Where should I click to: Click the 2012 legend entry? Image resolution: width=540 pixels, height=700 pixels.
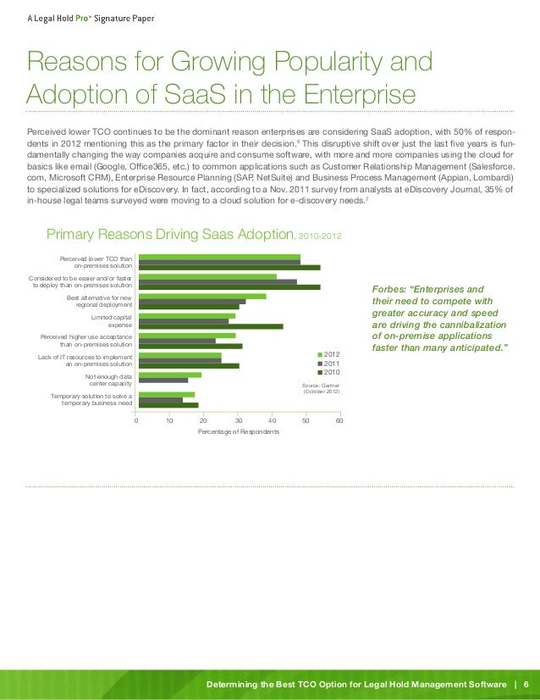click(329, 353)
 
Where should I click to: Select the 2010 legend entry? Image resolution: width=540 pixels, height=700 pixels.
click(329, 372)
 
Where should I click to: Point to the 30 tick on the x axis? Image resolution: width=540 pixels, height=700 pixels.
click(238, 419)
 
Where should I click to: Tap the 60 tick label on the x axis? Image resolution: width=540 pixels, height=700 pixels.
click(339, 419)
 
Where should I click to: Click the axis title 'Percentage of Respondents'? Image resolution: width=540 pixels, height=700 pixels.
click(238, 432)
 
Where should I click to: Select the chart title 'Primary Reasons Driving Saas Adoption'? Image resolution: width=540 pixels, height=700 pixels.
click(169, 234)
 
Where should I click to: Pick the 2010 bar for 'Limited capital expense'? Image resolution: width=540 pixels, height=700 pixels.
click(211, 326)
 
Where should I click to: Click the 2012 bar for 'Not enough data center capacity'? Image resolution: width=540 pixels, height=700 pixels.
click(169, 374)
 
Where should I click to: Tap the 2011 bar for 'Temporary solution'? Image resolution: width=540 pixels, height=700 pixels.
click(160, 399)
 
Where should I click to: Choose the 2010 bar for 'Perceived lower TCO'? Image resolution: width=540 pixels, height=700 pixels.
click(229, 268)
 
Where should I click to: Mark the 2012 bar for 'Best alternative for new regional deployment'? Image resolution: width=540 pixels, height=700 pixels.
click(201, 297)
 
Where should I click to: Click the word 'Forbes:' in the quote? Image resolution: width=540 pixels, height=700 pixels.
click(390, 289)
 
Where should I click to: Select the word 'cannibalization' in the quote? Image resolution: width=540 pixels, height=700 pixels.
click(468, 324)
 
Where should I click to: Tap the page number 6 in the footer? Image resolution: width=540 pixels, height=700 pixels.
click(526, 684)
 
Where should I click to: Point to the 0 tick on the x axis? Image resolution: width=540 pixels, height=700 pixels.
click(137, 419)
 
